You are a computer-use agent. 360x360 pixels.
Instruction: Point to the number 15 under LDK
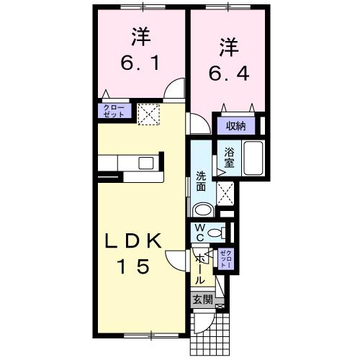pos(135,266)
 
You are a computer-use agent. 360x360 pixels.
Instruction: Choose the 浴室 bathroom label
pos(230,158)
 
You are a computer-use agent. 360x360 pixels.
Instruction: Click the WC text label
pos(201,232)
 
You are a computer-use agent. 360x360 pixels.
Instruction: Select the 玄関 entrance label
pos(202,300)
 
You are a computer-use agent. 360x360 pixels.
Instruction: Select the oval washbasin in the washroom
pos(204,210)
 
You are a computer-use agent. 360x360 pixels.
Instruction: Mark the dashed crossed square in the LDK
pos(149,113)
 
